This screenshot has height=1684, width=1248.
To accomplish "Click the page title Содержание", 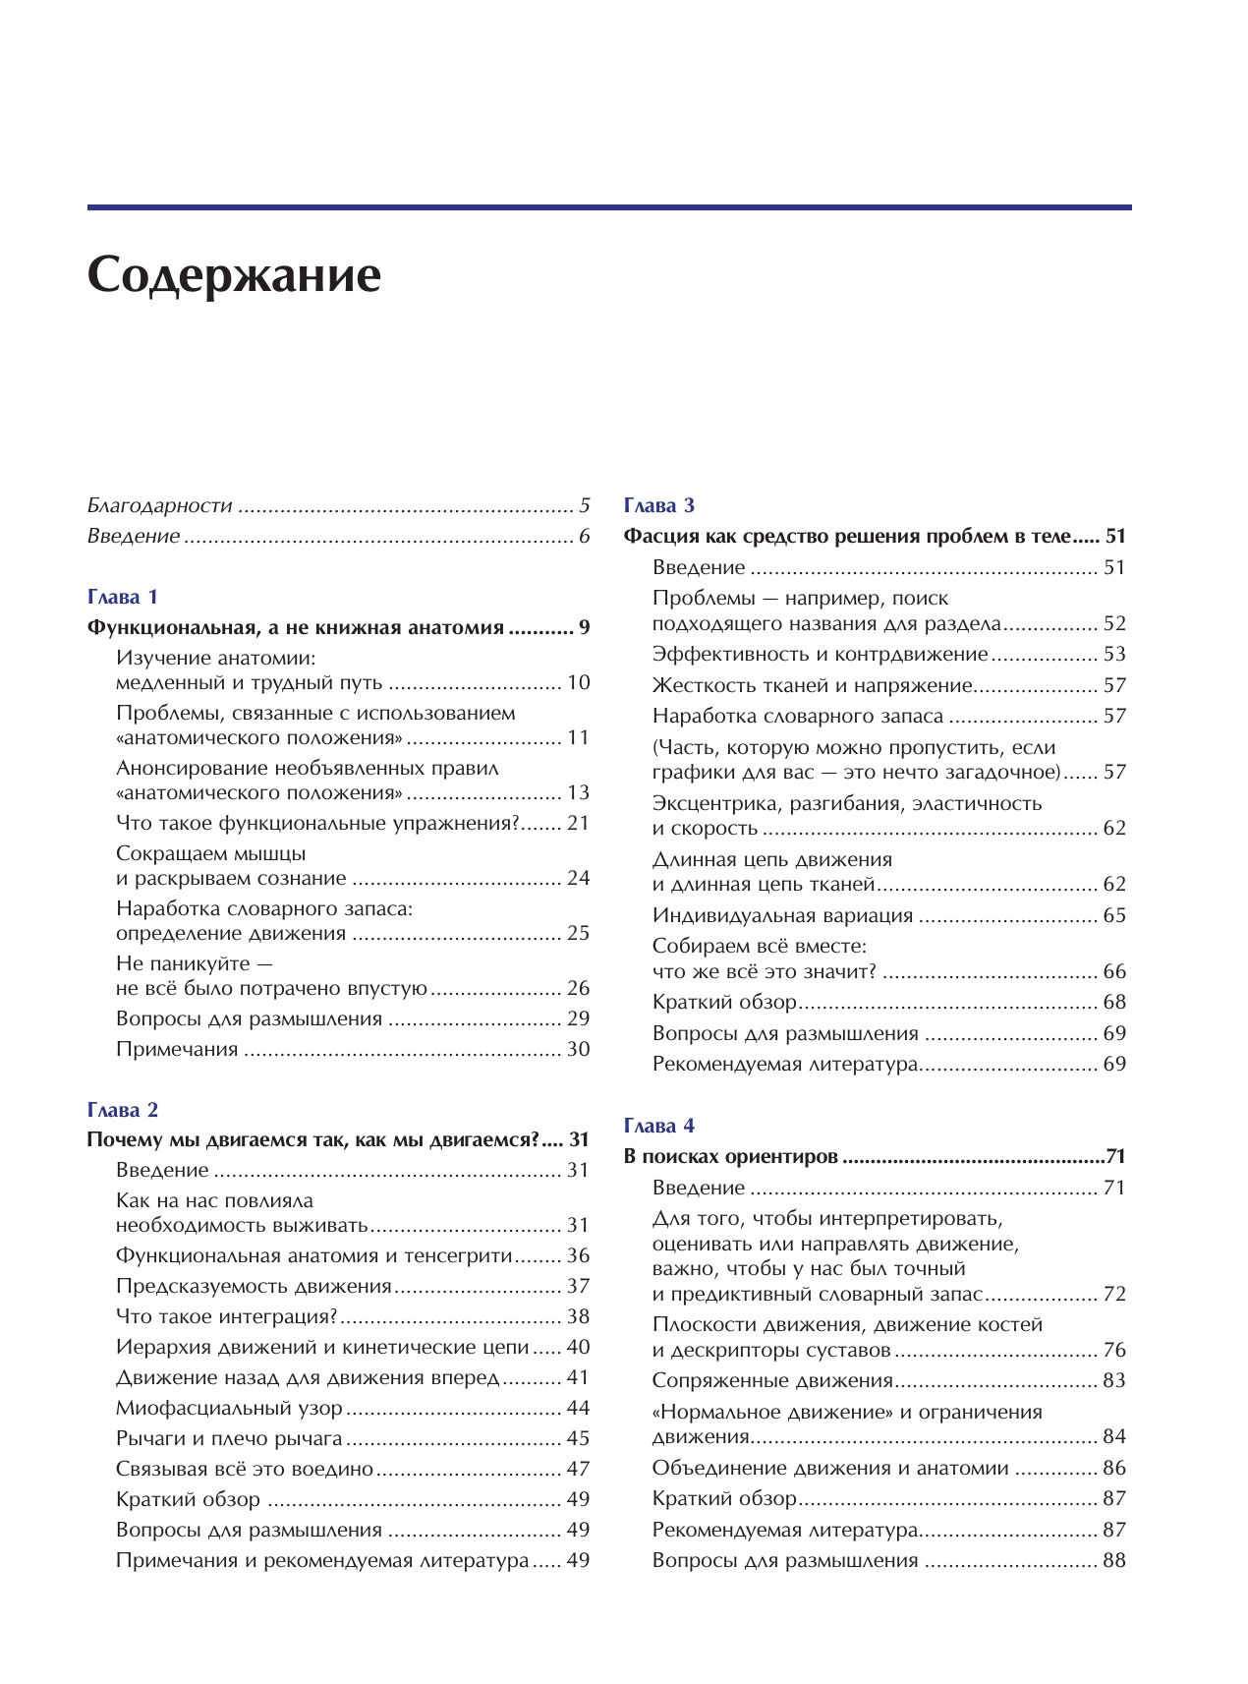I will tap(234, 276).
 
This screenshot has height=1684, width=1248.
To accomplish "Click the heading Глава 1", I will tap(123, 597).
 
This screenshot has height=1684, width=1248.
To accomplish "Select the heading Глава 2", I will tap(123, 1110).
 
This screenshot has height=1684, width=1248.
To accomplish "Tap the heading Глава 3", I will tap(659, 505).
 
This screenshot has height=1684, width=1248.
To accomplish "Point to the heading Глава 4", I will tap(659, 1126).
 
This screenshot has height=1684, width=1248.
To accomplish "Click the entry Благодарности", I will tap(159, 505).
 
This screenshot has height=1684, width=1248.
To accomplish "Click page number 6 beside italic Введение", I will tap(585, 536).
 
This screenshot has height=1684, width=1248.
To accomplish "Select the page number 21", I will tap(578, 823).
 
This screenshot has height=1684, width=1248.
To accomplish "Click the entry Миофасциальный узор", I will tap(229, 1408).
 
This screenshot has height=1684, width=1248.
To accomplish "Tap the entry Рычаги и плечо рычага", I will tap(229, 1438).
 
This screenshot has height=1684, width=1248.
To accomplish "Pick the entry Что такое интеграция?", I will tap(227, 1316).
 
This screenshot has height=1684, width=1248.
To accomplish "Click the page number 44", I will tap(578, 1408).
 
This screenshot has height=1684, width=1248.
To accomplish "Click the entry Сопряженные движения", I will tap(772, 1380).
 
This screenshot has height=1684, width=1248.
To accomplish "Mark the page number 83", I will tap(1114, 1380).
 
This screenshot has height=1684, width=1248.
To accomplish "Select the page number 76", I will tap(1114, 1350).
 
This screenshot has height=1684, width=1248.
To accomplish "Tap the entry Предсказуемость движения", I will tap(254, 1286).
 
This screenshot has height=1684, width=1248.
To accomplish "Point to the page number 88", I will tap(1114, 1560).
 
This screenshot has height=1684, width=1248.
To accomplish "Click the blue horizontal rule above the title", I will tap(609, 207).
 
